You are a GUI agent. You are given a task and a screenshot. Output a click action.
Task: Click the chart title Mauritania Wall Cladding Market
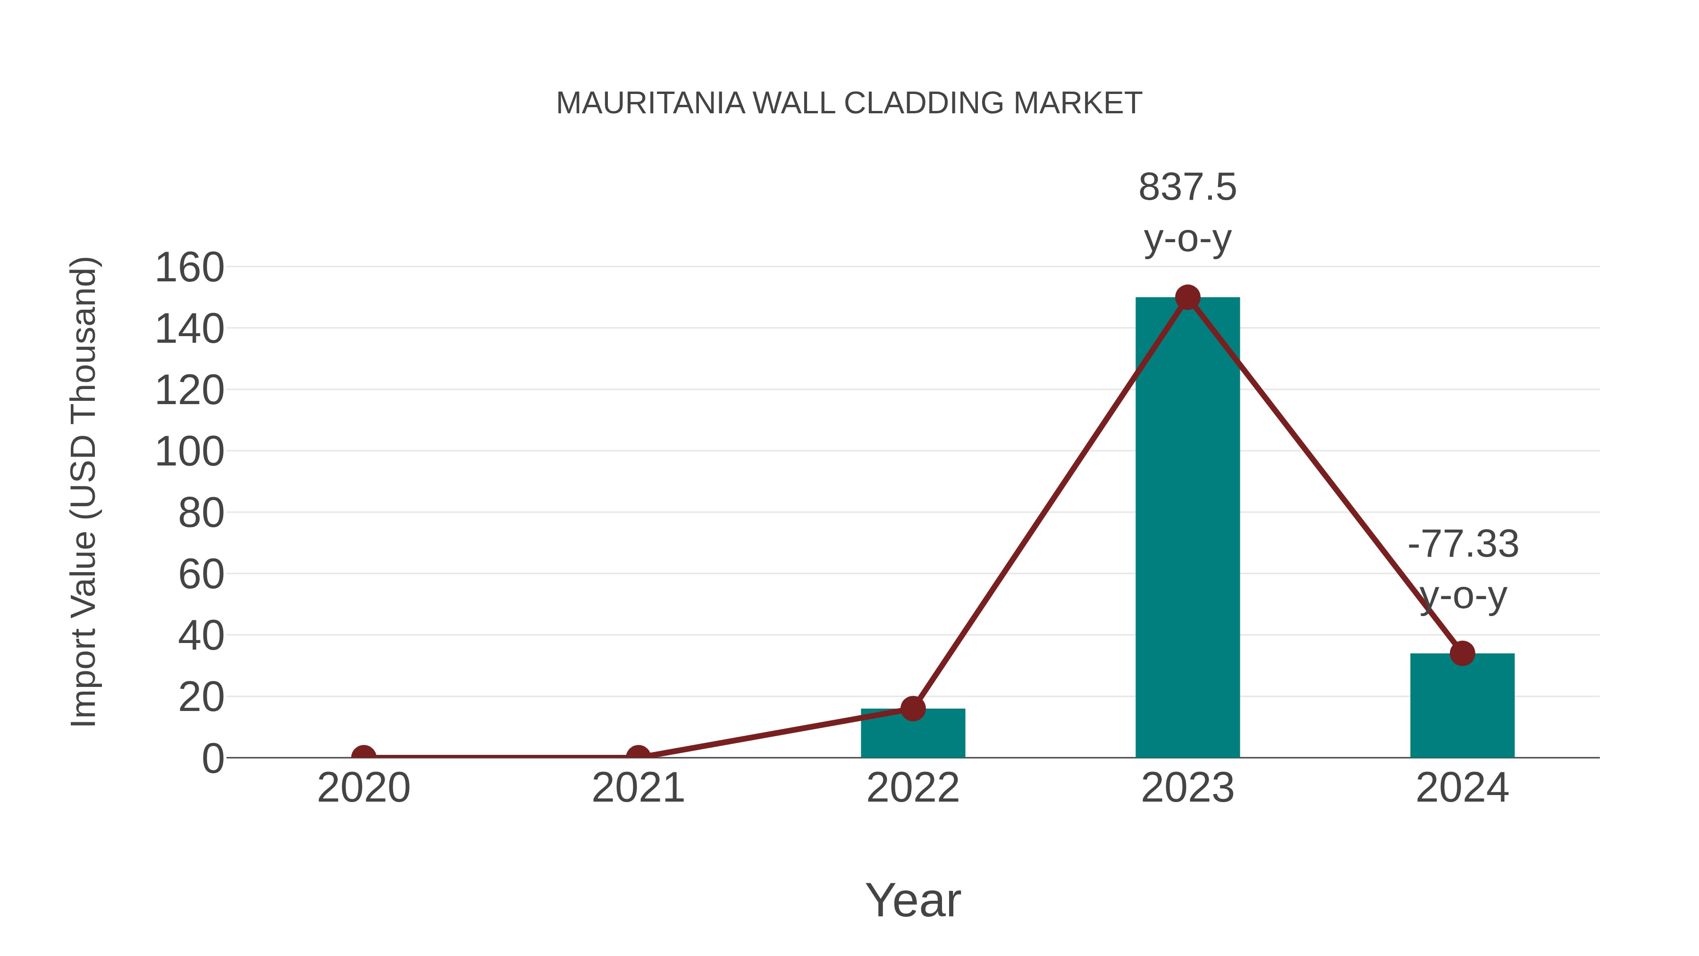coord(849,103)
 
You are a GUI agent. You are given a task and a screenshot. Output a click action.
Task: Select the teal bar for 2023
coord(1187,528)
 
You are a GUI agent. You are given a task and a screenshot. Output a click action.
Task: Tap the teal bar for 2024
coord(1462,706)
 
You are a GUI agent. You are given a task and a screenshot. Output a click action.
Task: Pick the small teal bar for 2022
coord(913,734)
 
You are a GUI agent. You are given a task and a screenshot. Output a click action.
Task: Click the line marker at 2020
coord(363,756)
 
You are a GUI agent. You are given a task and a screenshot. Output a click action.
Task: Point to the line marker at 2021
coord(638,756)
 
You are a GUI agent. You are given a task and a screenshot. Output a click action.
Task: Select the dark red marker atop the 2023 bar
coord(1187,297)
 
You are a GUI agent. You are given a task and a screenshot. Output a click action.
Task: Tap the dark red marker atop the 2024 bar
coord(1462,653)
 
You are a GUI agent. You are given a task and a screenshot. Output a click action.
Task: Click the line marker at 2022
coord(913,709)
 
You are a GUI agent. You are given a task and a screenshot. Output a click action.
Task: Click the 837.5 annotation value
coord(1187,187)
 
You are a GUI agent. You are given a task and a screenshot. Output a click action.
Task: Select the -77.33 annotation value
coord(1463,544)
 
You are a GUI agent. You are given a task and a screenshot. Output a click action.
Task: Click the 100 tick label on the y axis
coord(189,453)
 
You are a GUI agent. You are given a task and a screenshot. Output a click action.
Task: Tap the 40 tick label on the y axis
coord(201,637)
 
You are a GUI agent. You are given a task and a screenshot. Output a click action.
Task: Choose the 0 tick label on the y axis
coord(213,759)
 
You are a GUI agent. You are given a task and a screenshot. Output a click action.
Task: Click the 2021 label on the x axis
coord(638,788)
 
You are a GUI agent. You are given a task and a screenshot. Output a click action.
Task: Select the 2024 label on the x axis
coord(1462,788)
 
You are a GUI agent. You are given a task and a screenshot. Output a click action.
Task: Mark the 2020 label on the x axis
coord(363,788)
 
